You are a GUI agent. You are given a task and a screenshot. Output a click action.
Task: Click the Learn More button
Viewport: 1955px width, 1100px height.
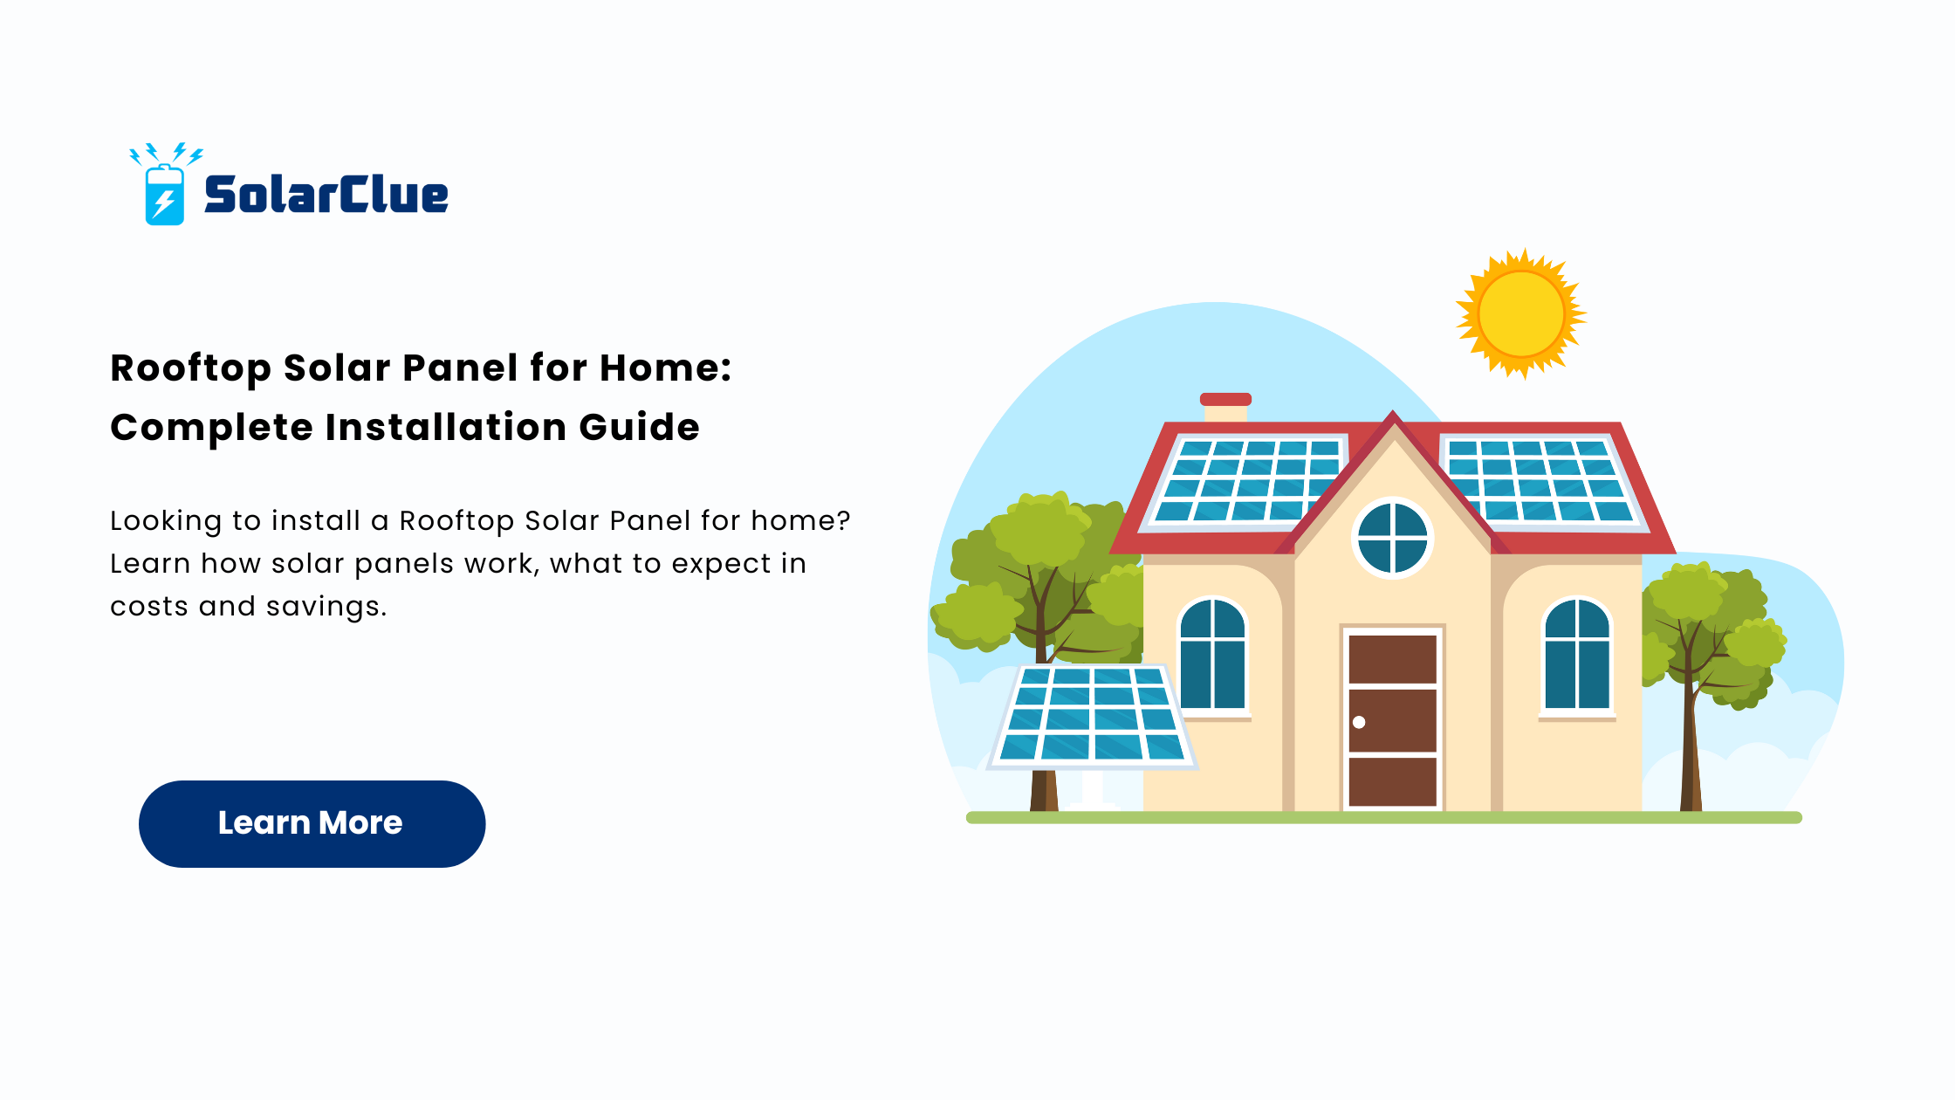(312, 823)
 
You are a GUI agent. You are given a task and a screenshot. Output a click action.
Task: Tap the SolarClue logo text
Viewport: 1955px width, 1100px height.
(326, 194)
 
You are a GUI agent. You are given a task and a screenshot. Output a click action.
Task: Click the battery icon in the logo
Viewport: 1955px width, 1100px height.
(164, 195)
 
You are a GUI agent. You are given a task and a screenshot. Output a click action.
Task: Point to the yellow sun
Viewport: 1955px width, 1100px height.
(1521, 313)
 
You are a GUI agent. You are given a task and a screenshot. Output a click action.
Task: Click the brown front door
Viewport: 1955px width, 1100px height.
(1393, 720)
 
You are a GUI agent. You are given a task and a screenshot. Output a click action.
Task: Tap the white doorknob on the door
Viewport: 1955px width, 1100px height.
(1359, 722)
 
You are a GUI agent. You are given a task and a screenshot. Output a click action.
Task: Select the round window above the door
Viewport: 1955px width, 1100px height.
(1393, 539)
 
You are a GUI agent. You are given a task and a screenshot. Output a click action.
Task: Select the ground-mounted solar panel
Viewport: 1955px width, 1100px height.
(1092, 715)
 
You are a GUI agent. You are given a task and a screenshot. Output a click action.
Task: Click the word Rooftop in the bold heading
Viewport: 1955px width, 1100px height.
(191, 369)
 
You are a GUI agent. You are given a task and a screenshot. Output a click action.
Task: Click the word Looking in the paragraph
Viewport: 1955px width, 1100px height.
(166, 521)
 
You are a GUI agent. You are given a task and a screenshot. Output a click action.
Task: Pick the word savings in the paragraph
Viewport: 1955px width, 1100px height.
(326, 607)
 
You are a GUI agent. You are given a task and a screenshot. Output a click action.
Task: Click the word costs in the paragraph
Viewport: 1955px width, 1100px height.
(149, 607)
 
